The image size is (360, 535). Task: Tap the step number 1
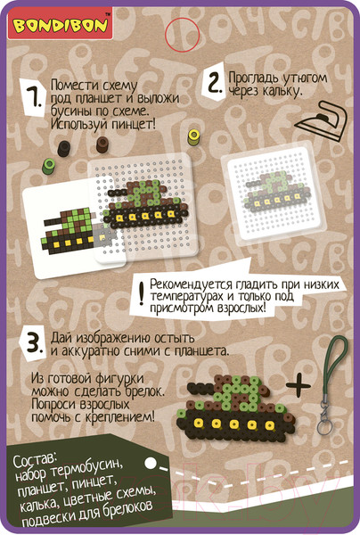click(36, 97)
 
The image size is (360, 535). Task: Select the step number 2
click(215, 83)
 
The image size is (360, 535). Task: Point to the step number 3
click(35, 342)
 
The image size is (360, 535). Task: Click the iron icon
click(321, 121)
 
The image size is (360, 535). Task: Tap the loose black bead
click(64, 148)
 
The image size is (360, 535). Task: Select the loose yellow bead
click(193, 137)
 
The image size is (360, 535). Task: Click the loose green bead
click(48, 166)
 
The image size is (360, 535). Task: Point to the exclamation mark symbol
click(142, 292)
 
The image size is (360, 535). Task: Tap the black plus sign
click(299, 385)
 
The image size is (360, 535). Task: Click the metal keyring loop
click(323, 427)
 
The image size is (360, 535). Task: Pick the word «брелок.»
click(144, 391)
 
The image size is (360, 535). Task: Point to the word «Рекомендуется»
click(196, 284)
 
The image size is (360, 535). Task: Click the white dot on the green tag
click(151, 464)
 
